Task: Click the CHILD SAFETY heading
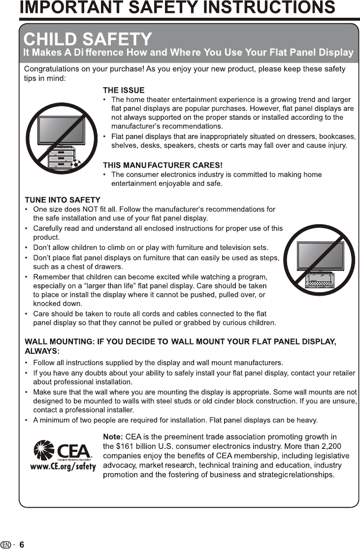(x=88, y=39)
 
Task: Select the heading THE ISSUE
(x=123, y=90)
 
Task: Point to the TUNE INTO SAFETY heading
(x=63, y=200)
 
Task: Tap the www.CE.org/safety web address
(x=63, y=467)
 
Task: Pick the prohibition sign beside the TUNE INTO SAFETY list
(x=319, y=260)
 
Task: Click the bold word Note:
(x=113, y=437)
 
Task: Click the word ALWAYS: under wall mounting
(x=42, y=351)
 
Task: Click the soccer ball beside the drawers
(x=75, y=165)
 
